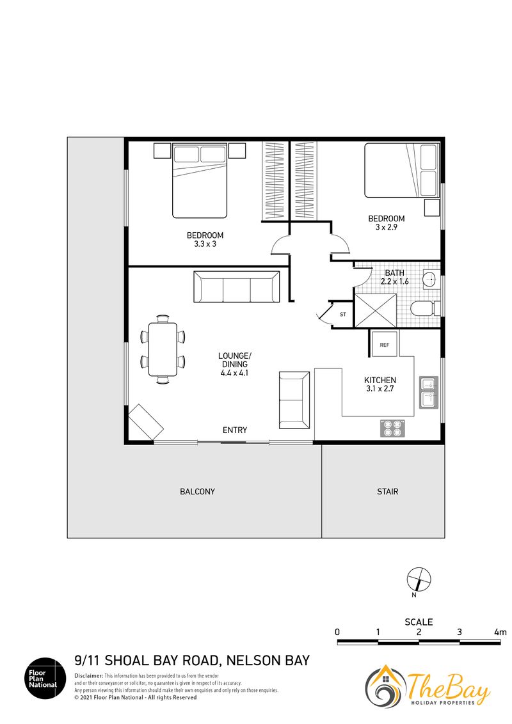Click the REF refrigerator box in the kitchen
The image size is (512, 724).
click(x=385, y=344)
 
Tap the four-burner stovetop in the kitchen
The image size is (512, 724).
click(x=392, y=428)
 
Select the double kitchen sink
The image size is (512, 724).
click(x=428, y=392)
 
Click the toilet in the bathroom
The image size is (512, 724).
click(x=425, y=308)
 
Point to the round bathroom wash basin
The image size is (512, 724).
click(x=431, y=279)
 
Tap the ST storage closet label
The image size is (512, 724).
click(x=343, y=315)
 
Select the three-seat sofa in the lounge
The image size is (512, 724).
click(x=237, y=287)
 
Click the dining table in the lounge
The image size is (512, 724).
click(x=163, y=349)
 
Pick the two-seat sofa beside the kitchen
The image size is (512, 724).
click(x=294, y=400)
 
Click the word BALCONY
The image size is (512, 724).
click(x=197, y=492)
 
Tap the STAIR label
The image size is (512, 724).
click(x=387, y=492)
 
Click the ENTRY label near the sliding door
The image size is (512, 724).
click(x=235, y=430)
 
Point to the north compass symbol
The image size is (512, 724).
click(x=419, y=579)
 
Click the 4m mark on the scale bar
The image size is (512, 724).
click(x=500, y=632)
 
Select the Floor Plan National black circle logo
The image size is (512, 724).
click(x=45, y=679)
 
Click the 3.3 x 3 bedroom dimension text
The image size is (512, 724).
click(x=205, y=244)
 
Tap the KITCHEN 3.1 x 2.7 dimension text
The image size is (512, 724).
click(x=380, y=384)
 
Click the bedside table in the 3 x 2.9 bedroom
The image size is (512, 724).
click(x=432, y=207)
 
